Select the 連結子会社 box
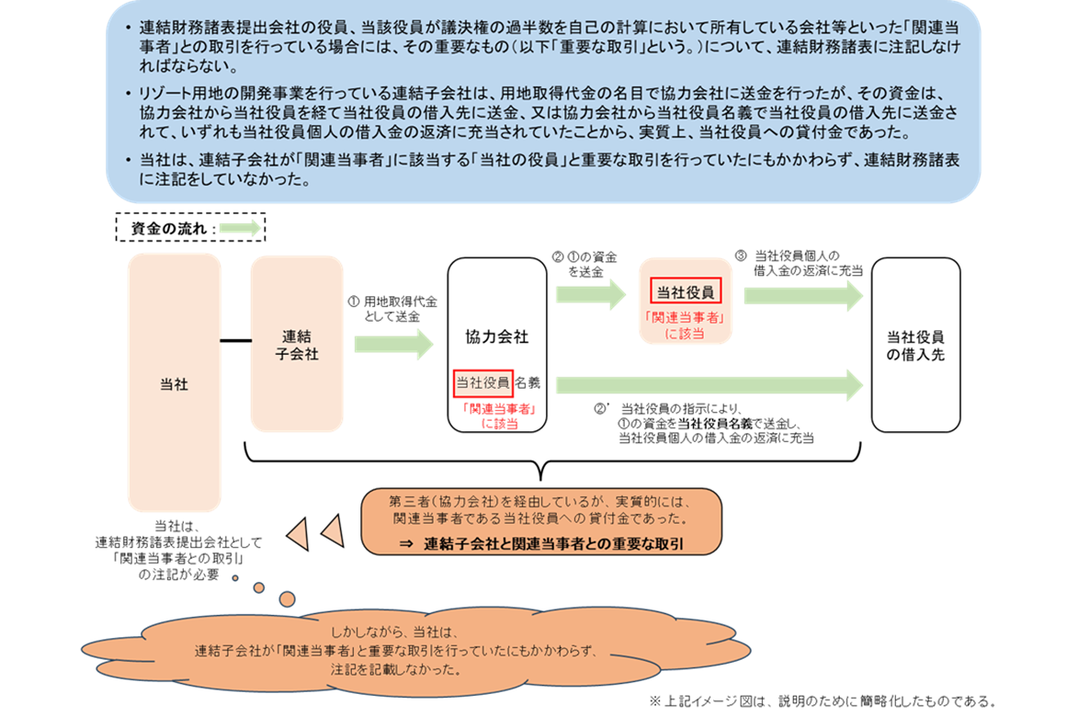point(297,344)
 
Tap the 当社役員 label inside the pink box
point(686,292)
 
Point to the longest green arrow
point(708,385)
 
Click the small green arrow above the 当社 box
point(240,228)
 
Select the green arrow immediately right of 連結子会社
point(392,344)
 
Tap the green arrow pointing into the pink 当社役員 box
point(590,294)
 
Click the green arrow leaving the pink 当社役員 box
point(802,296)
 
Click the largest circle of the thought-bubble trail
point(287,599)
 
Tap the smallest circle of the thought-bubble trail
point(235,578)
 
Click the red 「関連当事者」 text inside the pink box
point(686,318)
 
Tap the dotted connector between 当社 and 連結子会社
point(236,341)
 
